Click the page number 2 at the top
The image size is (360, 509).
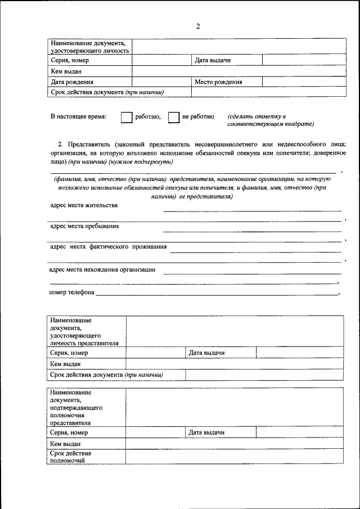coord(198,26)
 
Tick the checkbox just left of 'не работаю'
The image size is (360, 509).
coord(174,117)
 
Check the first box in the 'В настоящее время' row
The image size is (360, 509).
coord(127,117)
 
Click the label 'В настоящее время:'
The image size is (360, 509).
coord(78,117)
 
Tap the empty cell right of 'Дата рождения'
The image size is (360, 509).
coord(162,82)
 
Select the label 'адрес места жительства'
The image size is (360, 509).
coord(84,205)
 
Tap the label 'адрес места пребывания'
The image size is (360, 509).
coord(84,227)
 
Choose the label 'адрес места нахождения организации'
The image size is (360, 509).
coord(102,269)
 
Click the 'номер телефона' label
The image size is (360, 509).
coord(71,292)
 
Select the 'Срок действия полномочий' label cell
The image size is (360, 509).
coord(85,456)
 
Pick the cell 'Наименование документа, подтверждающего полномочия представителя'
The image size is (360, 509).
coord(85,407)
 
